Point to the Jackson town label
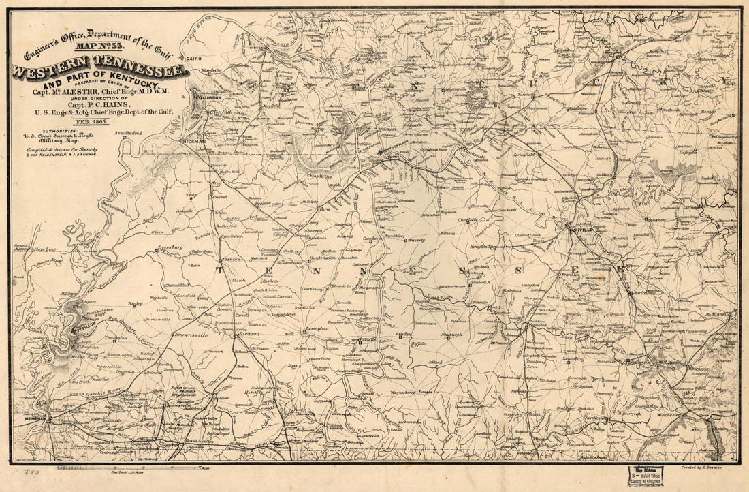[250, 335]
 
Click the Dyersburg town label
[170, 247]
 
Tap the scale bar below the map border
[129, 469]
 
